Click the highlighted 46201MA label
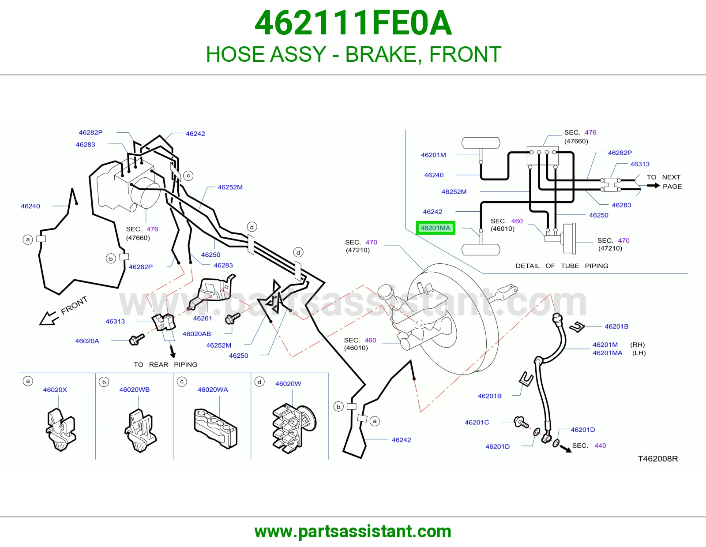(436, 228)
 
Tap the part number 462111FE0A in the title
(353, 23)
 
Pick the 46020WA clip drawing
(215, 428)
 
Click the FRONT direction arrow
(49, 318)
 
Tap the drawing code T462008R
(657, 459)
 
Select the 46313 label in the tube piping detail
(640, 164)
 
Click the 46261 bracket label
(203, 318)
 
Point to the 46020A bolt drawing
(136, 339)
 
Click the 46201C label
(477, 422)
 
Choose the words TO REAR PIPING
(165, 364)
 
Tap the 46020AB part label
(196, 333)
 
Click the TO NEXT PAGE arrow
(653, 186)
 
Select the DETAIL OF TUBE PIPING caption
(562, 266)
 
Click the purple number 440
(600, 446)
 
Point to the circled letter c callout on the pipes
(188, 176)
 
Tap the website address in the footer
(353, 532)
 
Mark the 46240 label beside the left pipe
(30, 206)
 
